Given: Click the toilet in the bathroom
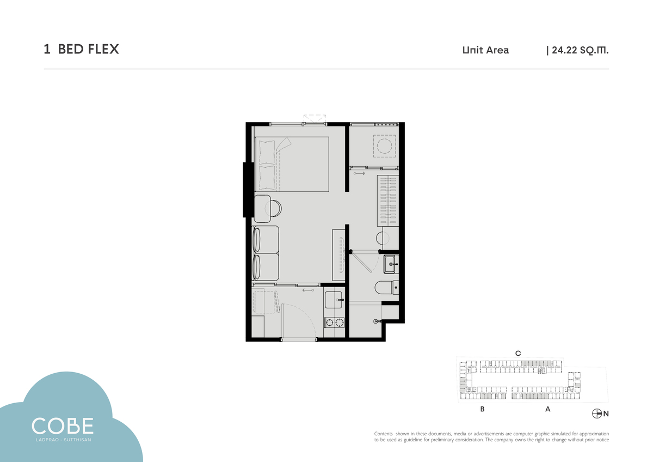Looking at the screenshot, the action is pos(386,288).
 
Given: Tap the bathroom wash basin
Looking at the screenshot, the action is pos(391,264).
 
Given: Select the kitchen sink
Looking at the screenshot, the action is pos(334,300).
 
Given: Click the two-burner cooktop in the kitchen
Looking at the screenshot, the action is pos(334,323).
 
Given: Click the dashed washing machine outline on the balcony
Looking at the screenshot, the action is pos(385,146).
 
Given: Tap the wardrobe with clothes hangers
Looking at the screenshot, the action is pos(388,200).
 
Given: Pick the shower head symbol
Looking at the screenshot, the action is pos(377,321).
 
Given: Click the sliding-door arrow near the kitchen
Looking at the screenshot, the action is pos(308,290).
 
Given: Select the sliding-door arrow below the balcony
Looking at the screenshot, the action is pos(360,173).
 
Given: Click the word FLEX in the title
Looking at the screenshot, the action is pos(103,49).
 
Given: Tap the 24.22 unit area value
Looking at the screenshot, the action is pos(564,50).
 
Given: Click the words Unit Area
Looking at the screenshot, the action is pos(485,50).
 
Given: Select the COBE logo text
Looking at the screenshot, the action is pos(63,425).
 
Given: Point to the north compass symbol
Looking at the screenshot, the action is pos(597,414).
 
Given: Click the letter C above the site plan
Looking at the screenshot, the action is pos(518,354).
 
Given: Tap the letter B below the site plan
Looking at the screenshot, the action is pos(483,409).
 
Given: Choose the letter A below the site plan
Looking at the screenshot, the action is pos(548,409).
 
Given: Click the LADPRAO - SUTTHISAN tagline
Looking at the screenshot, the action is pos(64,440).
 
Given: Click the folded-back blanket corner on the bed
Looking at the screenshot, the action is pos(284,144).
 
